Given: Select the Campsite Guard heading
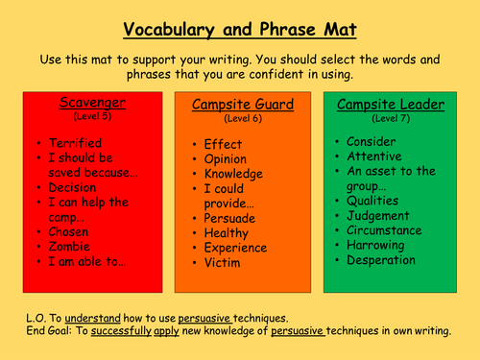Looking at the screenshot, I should pos(242,106).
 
